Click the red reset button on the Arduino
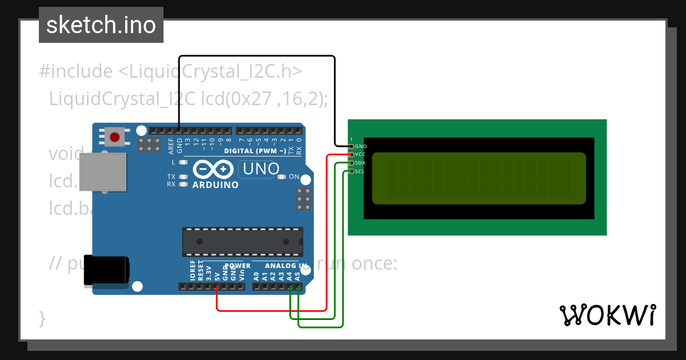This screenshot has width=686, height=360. pyautogui.click(x=115, y=137)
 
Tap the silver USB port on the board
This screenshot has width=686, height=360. pyautogui.click(x=102, y=171)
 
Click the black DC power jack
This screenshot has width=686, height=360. pyautogui.click(x=106, y=270)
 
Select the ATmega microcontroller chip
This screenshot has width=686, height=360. pyautogui.click(x=242, y=242)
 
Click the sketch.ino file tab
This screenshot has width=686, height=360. pyautogui.click(x=101, y=25)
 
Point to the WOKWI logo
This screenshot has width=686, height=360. pyautogui.click(x=607, y=315)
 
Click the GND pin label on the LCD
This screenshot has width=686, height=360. pyautogui.click(x=361, y=146)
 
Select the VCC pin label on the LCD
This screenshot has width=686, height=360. pyautogui.click(x=360, y=154)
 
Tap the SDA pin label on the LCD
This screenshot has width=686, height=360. pyautogui.click(x=360, y=163)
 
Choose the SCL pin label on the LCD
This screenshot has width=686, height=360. pyautogui.click(x=360, y=171)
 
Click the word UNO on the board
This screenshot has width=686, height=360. pyautogui.click(x=261, y=169)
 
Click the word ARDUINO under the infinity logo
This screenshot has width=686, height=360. pyautogui.click(x=216, y=185)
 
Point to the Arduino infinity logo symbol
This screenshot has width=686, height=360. pyautogui.click(x=213, y=170)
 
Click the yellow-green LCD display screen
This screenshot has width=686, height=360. pyautogui.click(x=479, y=178)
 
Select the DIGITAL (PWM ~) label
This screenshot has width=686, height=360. pyautogui.click(x=255, y=151)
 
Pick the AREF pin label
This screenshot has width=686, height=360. pyautogui.click(x=171, y=146)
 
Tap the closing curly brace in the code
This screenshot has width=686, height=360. pyautogui.click(x=42, y=318)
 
